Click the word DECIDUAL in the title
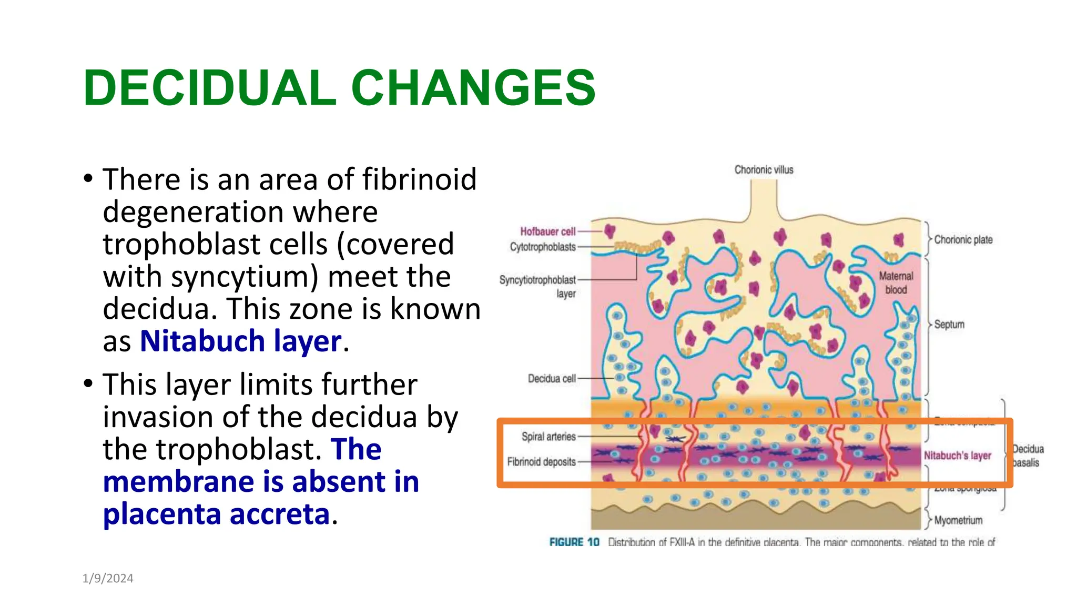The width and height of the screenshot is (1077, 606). coord(209,88)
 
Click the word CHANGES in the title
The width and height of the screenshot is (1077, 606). coord(473,88)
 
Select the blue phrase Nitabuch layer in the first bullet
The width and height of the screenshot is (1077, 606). coord(241,341)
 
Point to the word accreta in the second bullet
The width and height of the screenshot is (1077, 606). coord(280,514)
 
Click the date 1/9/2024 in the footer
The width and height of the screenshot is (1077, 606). coord(108,579)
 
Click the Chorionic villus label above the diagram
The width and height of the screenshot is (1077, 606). coord(764,170)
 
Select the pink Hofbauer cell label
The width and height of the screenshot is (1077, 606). coord(547,231)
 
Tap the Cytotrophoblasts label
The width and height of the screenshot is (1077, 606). coord(543,247)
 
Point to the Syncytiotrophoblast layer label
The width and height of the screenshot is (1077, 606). coord(538,286)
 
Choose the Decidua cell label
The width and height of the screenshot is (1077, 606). coord(552,379)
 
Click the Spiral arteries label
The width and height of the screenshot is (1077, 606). coord(548,437)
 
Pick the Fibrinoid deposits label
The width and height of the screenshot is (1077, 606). coord(541,462)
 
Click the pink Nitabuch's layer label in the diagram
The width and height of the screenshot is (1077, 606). coord(957,456)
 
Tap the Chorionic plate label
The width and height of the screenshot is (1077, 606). coord(963,240)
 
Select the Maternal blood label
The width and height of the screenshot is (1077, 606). coord(896,282)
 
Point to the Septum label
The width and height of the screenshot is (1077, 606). coord(949,325)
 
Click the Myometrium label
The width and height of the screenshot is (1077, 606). coord(958,520)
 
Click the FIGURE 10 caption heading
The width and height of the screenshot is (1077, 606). coord(574,542)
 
